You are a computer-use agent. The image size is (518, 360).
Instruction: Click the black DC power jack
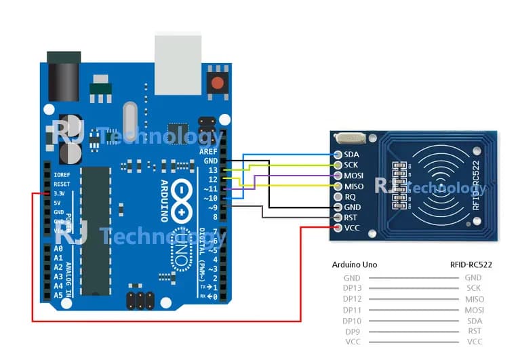61,71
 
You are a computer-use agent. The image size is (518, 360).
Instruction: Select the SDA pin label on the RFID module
351,155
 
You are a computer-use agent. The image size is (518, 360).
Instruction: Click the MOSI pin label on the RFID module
355,176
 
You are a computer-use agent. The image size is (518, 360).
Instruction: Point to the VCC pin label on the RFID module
353,228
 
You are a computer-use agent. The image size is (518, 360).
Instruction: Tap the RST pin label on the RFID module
351,217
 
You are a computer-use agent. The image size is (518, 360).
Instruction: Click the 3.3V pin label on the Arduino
61,193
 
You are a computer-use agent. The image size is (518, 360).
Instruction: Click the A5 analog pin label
58,296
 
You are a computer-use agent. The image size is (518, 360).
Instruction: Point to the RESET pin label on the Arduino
62,184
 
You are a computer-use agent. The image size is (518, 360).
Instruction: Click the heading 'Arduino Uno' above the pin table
355,264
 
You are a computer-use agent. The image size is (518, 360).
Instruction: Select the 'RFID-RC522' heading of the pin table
472,264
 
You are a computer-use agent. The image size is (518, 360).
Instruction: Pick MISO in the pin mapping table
473,299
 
